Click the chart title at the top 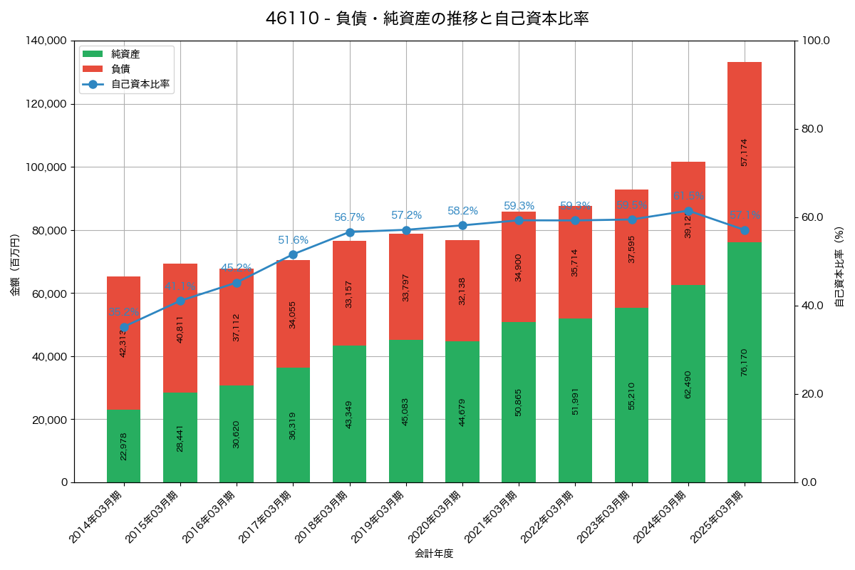[427, 19]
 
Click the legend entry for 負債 [120, 69]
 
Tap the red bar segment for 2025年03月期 [744, 152]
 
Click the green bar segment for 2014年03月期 [124, 446]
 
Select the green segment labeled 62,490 [688, 383]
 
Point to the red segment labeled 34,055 [293, 313]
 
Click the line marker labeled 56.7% [349, 232]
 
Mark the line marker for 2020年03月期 [462, 225]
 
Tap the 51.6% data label [293, 241]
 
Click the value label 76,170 [744, 362]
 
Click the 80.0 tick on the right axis [812, 129]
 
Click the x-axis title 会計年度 [434, 554]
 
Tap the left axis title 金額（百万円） [15, 265]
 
